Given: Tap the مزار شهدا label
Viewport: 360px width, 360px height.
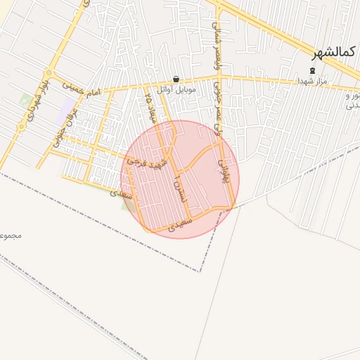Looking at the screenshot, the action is pos(313,82).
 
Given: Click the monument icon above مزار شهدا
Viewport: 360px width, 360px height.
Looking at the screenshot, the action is pos(313,71).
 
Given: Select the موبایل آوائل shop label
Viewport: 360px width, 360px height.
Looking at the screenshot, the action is pos(175,90).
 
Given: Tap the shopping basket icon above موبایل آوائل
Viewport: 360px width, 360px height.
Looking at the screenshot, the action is pos(175,79).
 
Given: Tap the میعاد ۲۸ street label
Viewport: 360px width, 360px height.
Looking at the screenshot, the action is pos(148,105).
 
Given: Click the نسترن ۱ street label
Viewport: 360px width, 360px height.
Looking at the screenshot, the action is pos(176,190).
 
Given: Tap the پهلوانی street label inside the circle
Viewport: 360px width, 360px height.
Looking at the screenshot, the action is pos(225,171).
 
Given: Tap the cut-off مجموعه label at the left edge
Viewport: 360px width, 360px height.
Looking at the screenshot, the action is pos(11,235).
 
